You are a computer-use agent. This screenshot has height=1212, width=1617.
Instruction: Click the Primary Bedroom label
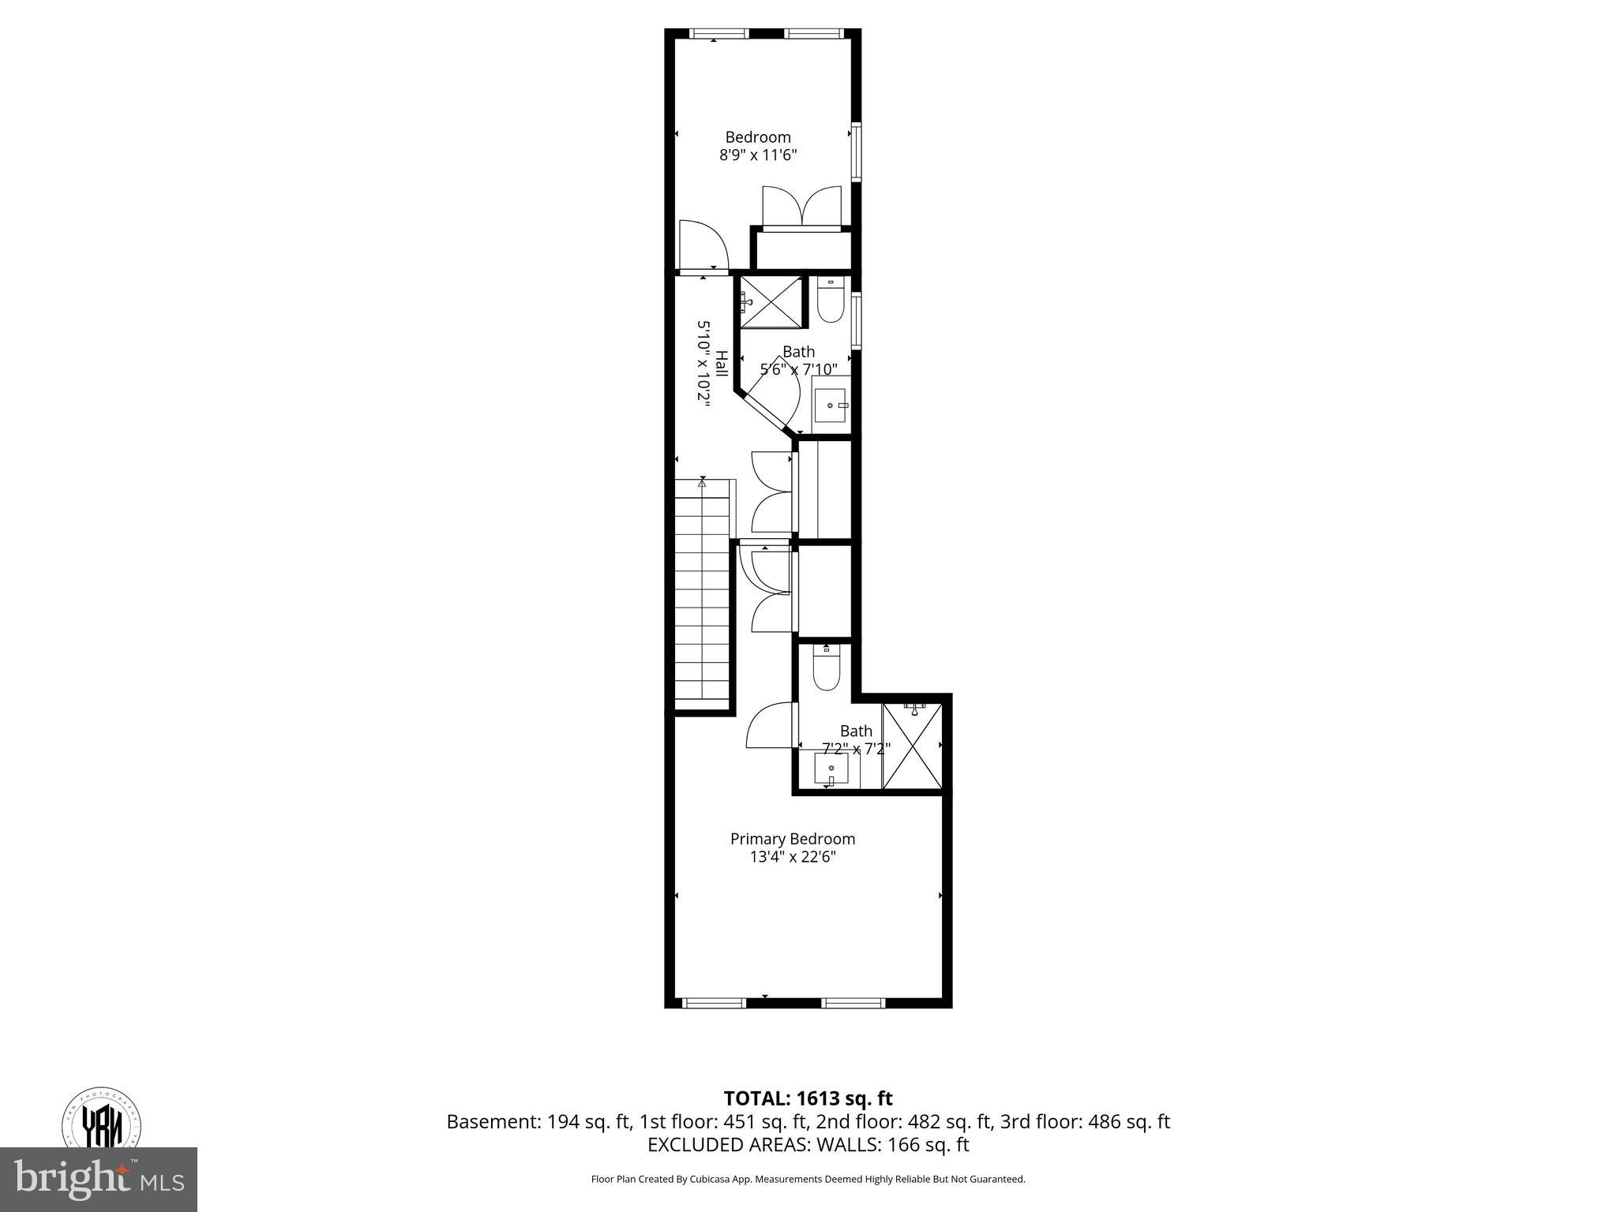click(x=792, y=839)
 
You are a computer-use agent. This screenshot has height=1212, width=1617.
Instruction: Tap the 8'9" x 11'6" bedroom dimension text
click(x=757, y=155)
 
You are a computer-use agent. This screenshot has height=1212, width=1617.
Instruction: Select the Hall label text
click(x=721, y=364)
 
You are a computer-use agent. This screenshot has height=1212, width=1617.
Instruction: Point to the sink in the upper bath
click(x=831, y=404)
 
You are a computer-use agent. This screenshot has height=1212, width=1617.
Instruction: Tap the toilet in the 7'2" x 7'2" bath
click(x=827, y=669)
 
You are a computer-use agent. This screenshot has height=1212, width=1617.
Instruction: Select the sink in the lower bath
click(x=831, y=769)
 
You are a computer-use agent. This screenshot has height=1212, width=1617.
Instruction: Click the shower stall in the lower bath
click(x=912, y=746)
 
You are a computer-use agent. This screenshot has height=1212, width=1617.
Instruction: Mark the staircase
click(x=702, y=592)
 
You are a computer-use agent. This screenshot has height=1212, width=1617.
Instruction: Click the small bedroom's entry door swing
click(x=702, y=247)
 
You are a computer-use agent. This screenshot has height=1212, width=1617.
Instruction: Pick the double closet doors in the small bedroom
click(x=801, y=207)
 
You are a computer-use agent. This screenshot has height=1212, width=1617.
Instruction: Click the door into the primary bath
click(x=771, y=725)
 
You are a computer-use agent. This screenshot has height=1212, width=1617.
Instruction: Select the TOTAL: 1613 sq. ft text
click(x=808, y=1098)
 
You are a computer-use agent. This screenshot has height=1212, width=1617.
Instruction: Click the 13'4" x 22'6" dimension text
click(x=792, y=858)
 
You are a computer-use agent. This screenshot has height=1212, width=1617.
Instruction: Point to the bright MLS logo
click(x=99, y=1179)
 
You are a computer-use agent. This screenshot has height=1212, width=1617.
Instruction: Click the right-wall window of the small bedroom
click(x=856, y=151)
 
